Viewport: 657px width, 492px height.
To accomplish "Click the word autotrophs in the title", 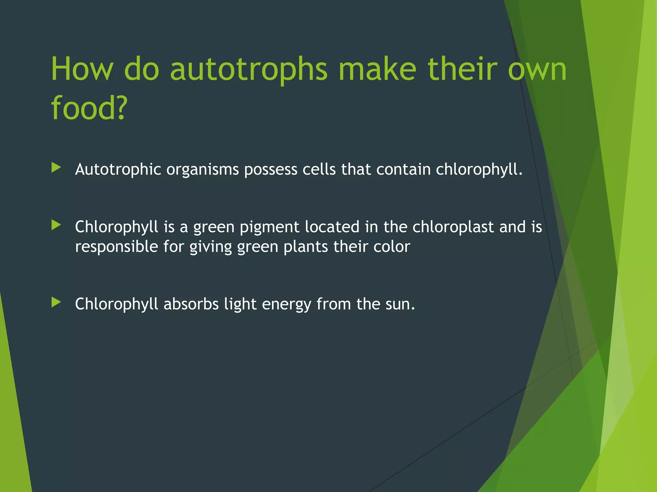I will (249, 70).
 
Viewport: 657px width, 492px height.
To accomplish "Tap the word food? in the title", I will (89, 108).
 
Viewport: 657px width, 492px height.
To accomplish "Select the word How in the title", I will (82, 69).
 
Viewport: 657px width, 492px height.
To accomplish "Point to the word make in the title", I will (377, 69).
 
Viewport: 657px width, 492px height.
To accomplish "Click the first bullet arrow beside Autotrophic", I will (56, 168).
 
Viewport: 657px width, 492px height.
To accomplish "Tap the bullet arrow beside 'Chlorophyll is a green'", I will (56, 225).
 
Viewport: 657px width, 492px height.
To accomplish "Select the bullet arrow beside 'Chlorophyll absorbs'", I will (56, 302).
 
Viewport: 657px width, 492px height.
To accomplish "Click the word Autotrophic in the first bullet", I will (118, 169).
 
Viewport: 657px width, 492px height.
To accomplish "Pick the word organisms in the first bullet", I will (202, 169).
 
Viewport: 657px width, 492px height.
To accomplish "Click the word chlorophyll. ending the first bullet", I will (479, 169).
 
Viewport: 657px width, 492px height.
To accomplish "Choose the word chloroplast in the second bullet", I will (453, 227).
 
